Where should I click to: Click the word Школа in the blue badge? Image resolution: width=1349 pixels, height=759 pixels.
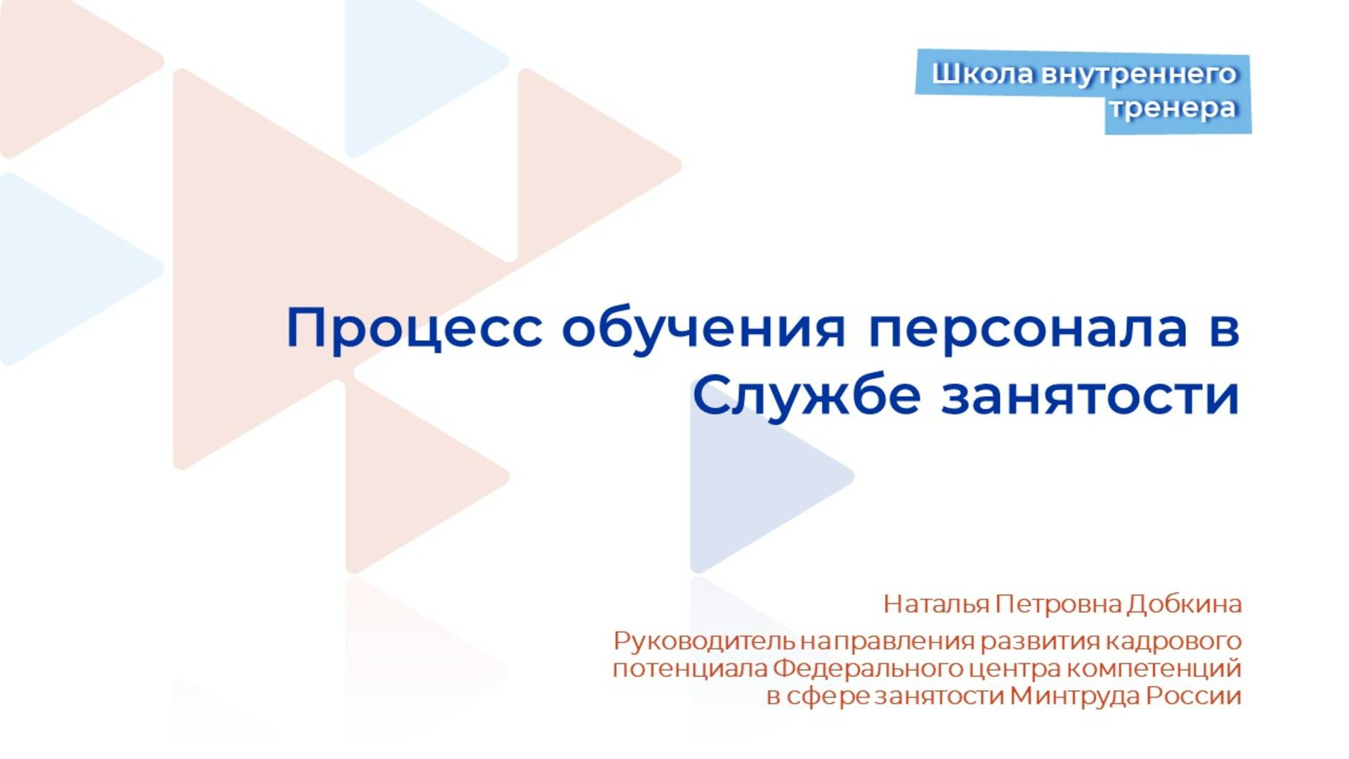pos(983,74)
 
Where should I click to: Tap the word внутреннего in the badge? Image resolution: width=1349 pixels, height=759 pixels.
pos(1138,74)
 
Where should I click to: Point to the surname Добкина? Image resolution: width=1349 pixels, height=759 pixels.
pos(1185,604)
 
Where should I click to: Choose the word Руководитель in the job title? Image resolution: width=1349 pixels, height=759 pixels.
pos(705,642)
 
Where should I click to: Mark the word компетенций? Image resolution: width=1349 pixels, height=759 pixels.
pos(1154,668)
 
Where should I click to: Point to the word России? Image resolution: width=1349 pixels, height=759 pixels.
pos(1194,696)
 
